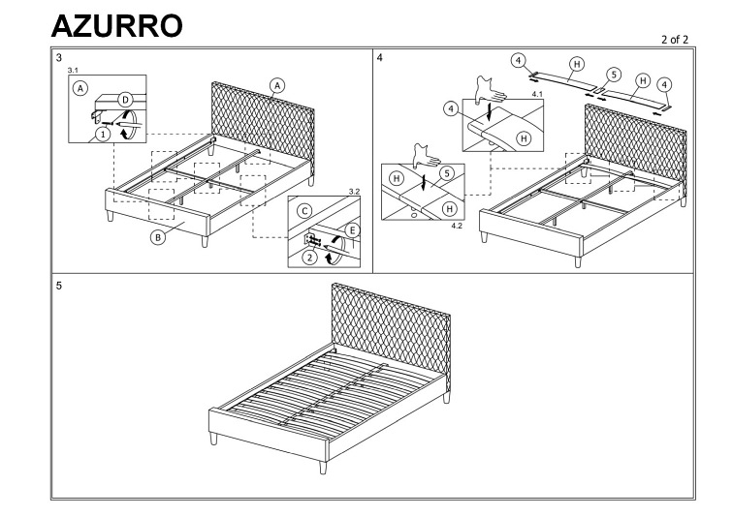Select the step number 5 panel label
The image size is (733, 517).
click(x=59, y=287)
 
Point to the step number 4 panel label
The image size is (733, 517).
click(x=379, y=58)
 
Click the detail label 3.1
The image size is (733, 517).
click(x=74, y=71)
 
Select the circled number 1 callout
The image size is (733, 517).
click(x=102, y=136)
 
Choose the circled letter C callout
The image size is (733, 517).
click(x=304, y=210)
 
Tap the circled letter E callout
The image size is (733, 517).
click(x=351, y=230)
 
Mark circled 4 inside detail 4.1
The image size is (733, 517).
click(x=451, y=108)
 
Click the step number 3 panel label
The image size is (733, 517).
click(x=60, y=58)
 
